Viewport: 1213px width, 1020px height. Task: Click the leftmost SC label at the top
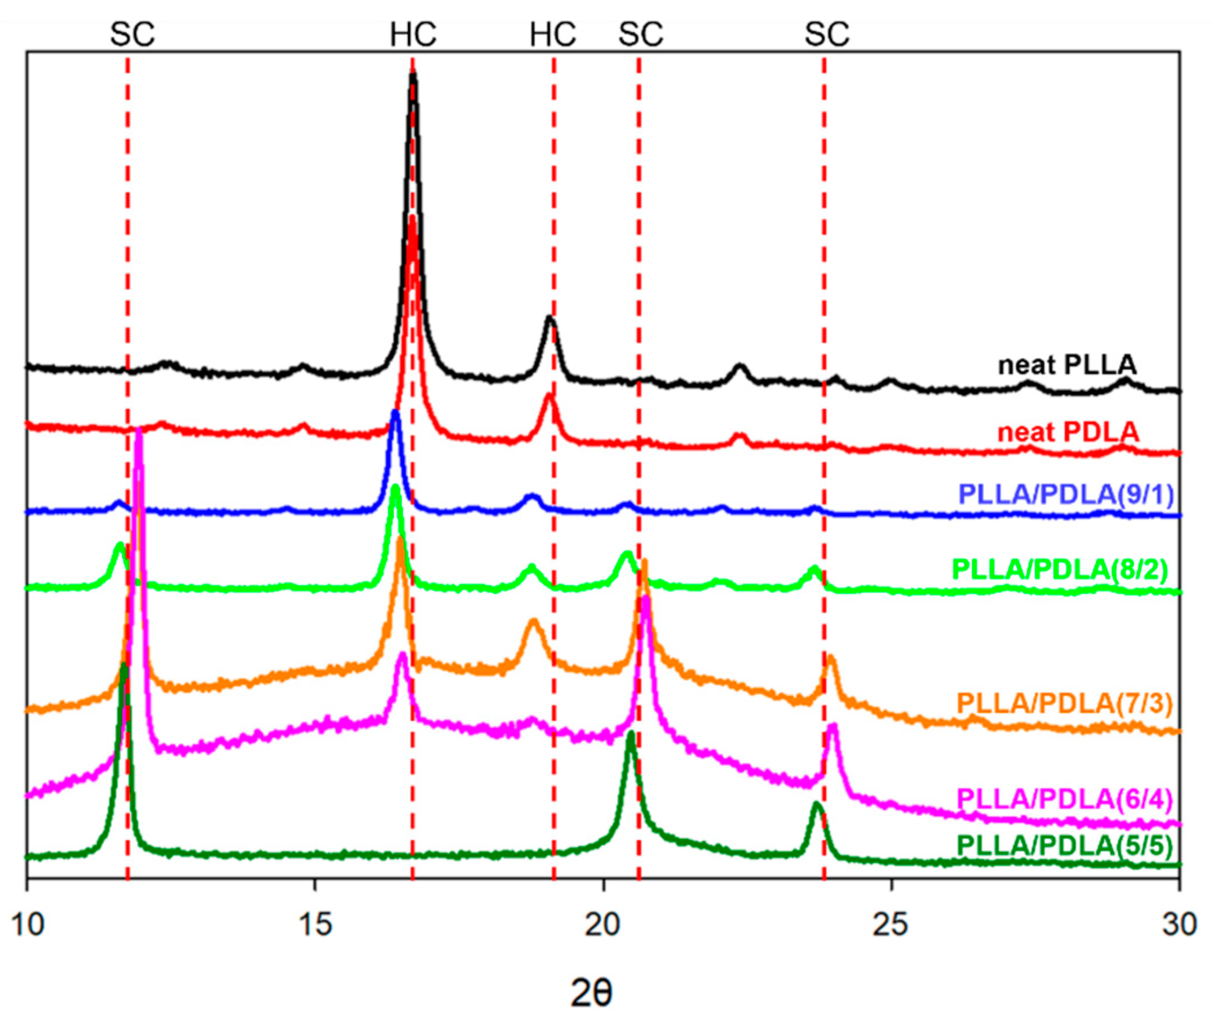132,35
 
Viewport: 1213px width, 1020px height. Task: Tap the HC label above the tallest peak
413,35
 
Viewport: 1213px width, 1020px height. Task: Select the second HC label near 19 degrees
553,35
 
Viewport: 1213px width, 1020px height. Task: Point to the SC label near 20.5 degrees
641,35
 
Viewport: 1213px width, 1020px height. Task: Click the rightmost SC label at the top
827,35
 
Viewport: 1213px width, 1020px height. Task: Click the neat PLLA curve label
1067,365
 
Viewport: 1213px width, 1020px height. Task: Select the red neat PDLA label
1068,432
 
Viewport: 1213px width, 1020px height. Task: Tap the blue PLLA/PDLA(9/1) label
1066,495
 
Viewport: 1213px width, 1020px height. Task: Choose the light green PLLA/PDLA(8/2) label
1060,570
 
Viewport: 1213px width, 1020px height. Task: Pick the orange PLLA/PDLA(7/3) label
1064,704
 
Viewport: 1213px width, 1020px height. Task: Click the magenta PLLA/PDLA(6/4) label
1064,800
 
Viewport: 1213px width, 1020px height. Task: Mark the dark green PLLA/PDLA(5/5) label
1064,846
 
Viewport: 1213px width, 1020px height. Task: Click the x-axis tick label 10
27,925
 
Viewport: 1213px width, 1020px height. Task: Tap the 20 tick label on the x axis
603,925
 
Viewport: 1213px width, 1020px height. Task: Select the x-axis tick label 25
892,925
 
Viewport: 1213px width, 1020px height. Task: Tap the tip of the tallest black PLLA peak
413,73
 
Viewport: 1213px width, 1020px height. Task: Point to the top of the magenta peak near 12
138,431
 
